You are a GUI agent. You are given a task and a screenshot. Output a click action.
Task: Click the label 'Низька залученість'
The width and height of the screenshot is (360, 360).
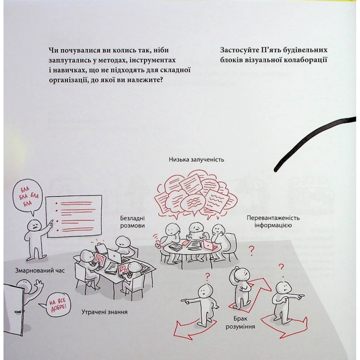click(x=197, y=159)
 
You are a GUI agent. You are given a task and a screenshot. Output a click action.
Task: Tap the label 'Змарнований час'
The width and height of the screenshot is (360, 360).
click(x=40, y=270)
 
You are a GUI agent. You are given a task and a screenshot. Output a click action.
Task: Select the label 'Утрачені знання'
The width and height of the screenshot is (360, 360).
click(x=105, y=312)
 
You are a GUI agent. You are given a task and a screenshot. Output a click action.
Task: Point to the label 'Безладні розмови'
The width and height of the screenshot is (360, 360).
click(x=133, y=222)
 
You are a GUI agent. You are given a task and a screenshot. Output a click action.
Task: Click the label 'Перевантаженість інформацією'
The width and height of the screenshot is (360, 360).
click(x=273, y=222)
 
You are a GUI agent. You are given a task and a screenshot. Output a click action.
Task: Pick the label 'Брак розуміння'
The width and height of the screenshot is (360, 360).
click(x=240, y=322)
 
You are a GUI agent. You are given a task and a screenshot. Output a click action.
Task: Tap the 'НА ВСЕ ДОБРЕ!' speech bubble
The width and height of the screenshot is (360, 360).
click(x=57, y=305)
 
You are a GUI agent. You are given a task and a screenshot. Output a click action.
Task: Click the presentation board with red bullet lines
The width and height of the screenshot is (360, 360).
click(x=74, y=216)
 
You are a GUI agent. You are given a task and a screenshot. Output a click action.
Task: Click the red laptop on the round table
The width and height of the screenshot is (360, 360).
click(x=209, y=245)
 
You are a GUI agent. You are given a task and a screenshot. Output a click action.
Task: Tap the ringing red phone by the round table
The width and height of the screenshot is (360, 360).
click(x=158, y=243)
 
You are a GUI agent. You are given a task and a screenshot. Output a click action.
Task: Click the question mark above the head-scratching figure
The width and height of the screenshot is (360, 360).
click(x=252, y=251)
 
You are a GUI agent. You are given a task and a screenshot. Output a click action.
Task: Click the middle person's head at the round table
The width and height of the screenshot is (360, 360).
click(x=195, y=227)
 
